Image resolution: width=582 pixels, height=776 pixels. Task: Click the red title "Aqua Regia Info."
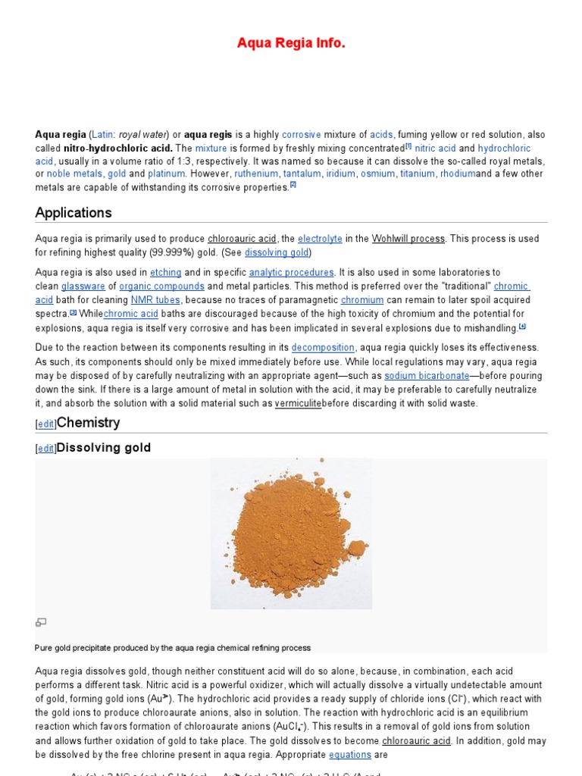[x=291, y=43]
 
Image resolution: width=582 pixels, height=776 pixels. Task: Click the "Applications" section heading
[x=74, y=212]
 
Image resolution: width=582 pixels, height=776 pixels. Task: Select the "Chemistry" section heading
[x=88, y=422]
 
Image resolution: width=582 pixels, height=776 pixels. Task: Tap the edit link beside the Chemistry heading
[x=46, y=424]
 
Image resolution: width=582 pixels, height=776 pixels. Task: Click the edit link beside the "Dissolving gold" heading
[x=46, y=449]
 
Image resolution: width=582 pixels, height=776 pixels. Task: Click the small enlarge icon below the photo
[x=41, y=622]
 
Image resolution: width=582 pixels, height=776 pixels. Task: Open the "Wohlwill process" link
[x=408, y=239]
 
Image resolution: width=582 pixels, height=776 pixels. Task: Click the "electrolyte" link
[x=320, y=239]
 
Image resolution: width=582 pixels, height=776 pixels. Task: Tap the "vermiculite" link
[x=298, y=403]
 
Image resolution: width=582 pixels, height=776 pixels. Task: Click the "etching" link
[x=165, y=273]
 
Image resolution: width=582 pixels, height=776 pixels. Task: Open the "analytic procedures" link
[x=291, y=273]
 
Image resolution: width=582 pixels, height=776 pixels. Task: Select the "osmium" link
[x=377, y=174]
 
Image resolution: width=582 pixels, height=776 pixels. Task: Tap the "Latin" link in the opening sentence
[x=103, y=134]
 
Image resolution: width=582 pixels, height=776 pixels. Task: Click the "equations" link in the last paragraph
[x=350, y=755]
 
